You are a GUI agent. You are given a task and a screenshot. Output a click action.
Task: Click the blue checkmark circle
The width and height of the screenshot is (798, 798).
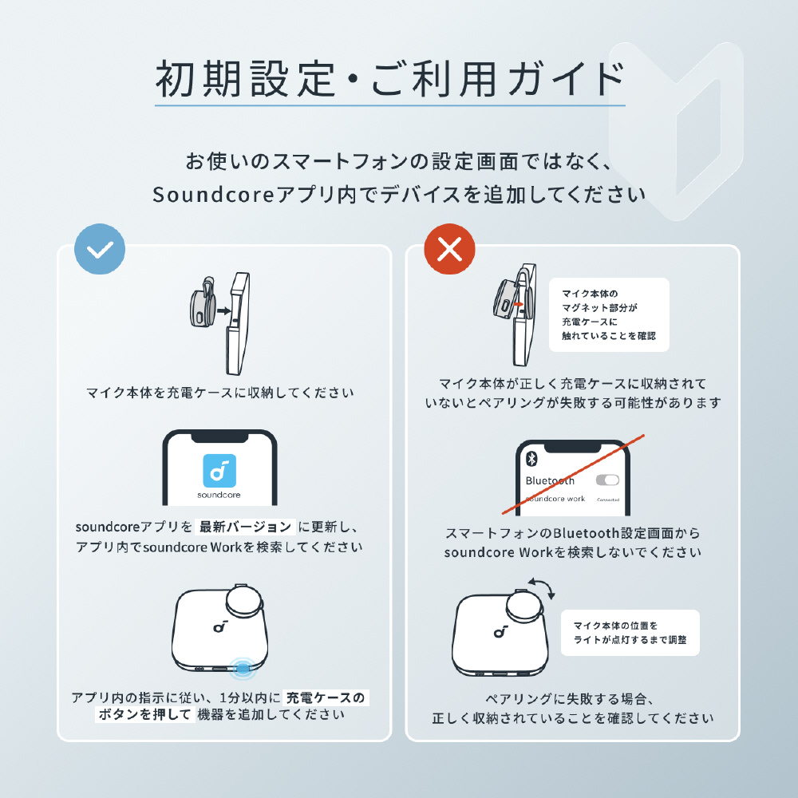[x=100, y=249]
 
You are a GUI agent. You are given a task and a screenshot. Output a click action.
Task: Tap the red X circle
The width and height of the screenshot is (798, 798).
[x=449, y=249]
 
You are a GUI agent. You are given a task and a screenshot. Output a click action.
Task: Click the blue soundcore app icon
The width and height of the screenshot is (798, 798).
[x=219, y=471]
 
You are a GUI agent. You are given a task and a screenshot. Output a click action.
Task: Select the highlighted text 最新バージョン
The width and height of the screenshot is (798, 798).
[x=245, y=526]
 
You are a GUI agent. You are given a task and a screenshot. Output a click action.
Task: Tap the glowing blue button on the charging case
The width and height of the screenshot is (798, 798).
[x=243, y=668]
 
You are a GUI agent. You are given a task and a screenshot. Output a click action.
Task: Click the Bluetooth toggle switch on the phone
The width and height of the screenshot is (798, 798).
[x=607, y=480]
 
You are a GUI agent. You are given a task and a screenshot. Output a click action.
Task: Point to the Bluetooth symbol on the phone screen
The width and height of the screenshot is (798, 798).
[x=531, y=459]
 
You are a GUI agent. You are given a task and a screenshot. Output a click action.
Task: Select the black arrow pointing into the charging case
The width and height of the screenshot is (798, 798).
[x=223, y=311]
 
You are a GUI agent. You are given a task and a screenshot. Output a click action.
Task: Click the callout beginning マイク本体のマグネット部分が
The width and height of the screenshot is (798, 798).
[x=609, y=314]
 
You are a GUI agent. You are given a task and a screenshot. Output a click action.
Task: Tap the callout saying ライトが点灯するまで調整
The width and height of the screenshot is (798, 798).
[x=630, y=633]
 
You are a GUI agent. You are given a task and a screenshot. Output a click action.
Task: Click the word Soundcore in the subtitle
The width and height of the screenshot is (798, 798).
[x=213, y=195]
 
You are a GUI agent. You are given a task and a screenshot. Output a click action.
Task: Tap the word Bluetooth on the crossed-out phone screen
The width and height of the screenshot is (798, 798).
[x=550, y=480]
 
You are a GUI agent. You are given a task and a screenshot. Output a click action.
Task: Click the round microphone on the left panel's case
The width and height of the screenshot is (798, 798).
[x=244, y=601]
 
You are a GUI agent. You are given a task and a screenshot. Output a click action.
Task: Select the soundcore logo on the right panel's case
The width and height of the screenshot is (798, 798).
[x=500, y=631]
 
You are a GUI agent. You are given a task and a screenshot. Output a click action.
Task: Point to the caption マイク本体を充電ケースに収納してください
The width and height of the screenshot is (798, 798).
[x=220, y=393]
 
